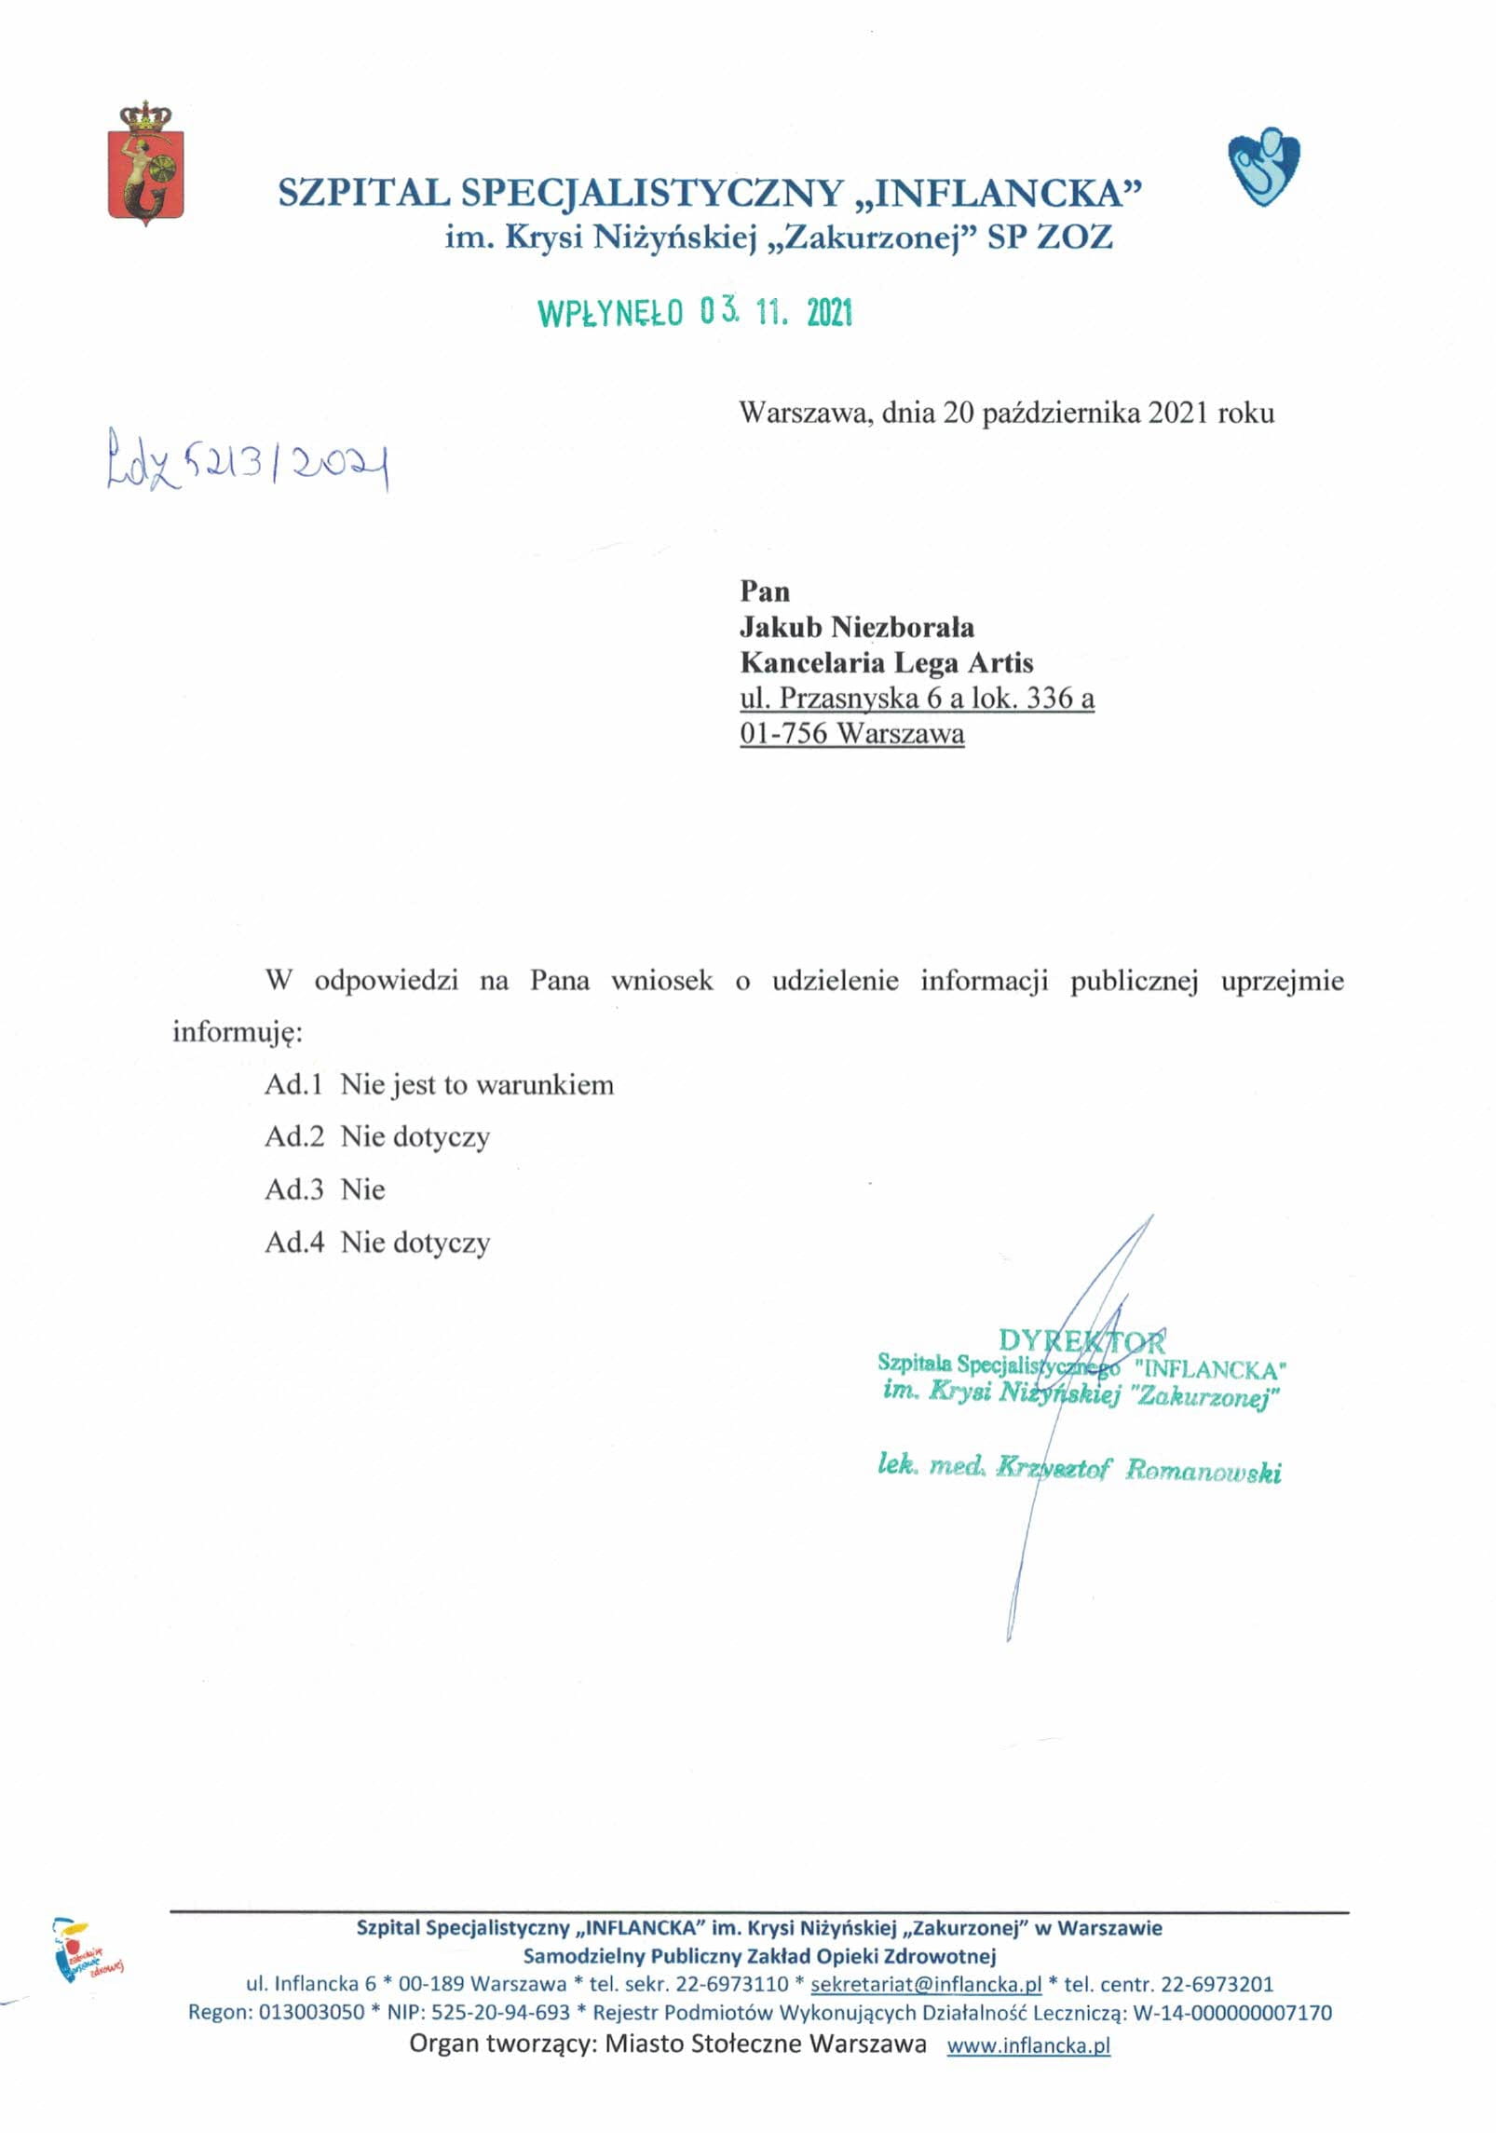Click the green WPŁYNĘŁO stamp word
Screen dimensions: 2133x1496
610,315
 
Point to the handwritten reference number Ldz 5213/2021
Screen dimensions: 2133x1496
247,460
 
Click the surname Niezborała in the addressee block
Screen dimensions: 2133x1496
902,627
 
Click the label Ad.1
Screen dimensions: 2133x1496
293,1085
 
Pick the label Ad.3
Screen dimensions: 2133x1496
293,1189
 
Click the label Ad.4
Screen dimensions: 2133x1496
293,1243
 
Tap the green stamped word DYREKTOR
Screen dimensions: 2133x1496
1081,1341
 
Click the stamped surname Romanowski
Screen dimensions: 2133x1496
1203,1471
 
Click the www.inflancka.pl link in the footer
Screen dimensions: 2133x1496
1028,2045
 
